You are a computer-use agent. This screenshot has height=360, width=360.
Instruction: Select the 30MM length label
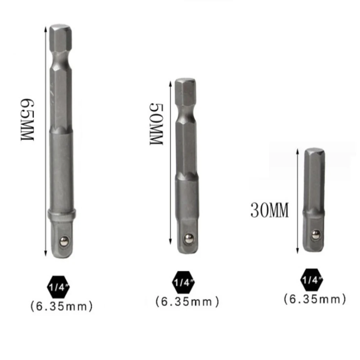[269, 211]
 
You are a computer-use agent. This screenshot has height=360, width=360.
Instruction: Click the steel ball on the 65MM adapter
[65, 240]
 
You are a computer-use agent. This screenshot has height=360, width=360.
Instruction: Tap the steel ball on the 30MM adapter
[315, 235]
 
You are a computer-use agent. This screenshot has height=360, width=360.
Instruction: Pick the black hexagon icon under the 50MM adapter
[182, 282]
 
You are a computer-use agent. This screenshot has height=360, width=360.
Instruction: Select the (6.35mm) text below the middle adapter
[187, 302]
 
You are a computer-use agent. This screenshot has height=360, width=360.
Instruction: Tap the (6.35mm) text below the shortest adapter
[315, 298]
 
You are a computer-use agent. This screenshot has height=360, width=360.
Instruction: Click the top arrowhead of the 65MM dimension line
[45, 29]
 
